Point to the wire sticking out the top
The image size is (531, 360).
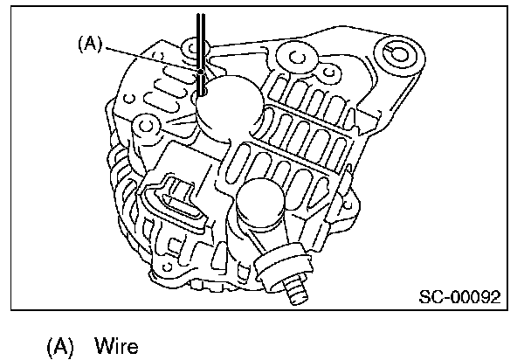tap(202, 35)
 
